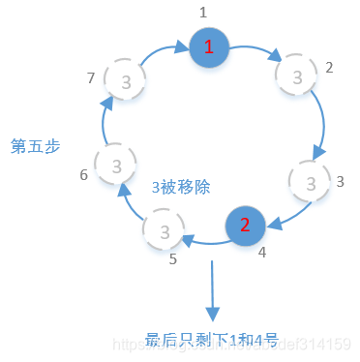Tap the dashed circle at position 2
[x=295, y=74]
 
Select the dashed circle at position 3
[x=310, y=181]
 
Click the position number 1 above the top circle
[x=203, y=13]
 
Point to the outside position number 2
[x=329, y=68]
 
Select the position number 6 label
[x=83, y=175]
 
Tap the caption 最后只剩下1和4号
[x=212, y=339]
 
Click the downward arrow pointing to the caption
[x=212, y=289]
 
